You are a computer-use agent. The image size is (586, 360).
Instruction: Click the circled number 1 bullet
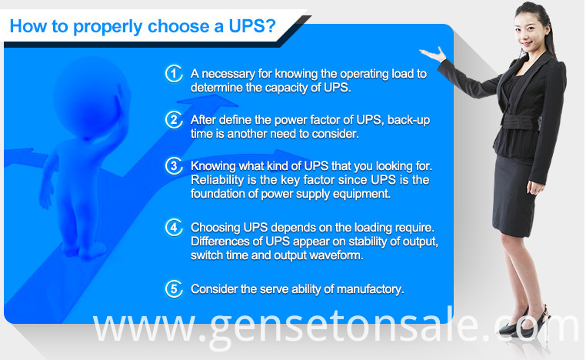point(174,74)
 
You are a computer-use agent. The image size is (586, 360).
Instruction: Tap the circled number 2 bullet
point(174,120)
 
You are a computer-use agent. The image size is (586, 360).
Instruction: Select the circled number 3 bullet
point(174,165)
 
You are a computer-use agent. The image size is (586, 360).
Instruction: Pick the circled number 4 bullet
point(174,227)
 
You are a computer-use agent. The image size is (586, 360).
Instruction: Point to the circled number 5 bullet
point(174,289)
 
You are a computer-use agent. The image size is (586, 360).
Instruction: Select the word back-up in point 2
point(409,120)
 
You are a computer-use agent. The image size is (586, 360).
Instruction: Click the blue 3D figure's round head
point(92,98)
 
